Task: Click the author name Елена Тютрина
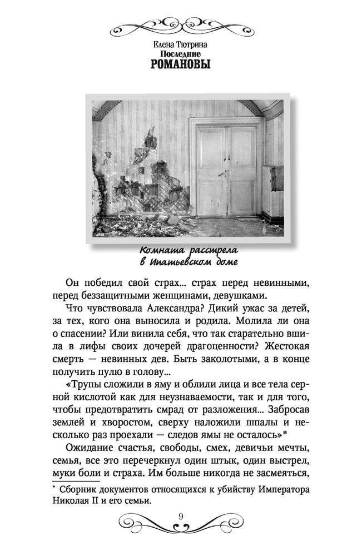(x=181, y=42)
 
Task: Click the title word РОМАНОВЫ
(x=181, y=64)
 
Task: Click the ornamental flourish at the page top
(x=181, y=23)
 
